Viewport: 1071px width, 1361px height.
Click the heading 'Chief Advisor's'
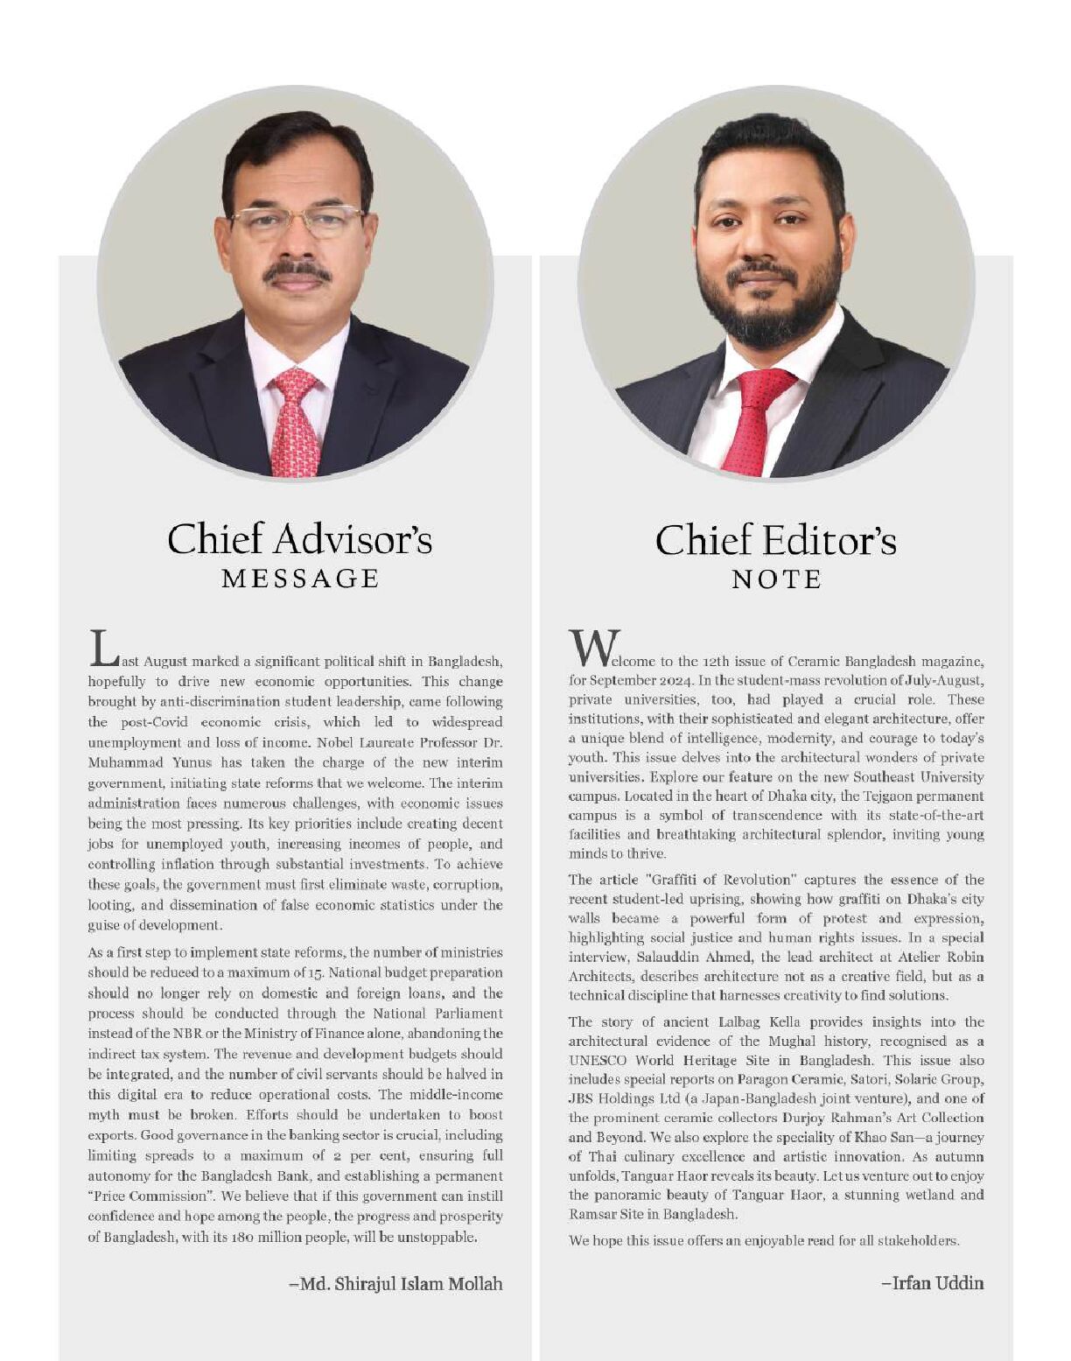299,539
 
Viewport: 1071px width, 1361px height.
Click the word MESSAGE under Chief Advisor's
300,579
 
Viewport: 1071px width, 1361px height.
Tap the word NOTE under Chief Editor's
776,579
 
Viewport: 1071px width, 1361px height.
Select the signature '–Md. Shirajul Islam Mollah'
395,1284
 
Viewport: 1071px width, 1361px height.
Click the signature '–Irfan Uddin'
932,1283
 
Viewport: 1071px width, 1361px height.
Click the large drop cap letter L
102,648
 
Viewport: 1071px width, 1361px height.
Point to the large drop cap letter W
594,647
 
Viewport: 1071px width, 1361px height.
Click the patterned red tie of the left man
295,420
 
